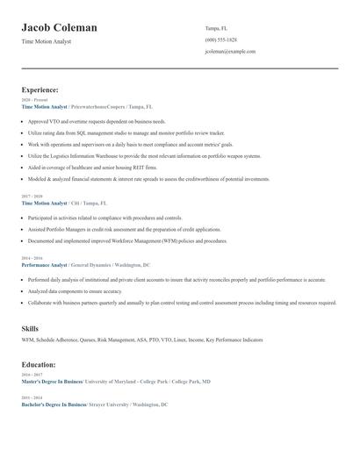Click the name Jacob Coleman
click(x=60, y=28)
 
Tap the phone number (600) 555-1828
click(x=221, y=39)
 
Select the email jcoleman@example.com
click(x=230, y=52)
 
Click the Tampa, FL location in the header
click(x=218, y=27)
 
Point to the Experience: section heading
click(x=40, y=89)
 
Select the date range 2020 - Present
click(x=35, y=100)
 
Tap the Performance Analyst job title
click(x=45, y=264)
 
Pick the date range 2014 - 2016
click(x=32, y=258)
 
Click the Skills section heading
click(x=31, y=328)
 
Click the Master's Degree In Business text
click(x=52, y=382)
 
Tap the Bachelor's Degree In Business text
click(x=53, y=404)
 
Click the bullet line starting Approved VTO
click(x=97, y=121)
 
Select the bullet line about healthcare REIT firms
click(x=93, y=167)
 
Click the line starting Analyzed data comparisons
click(x=76, y=290)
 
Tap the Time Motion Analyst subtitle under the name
click(x=47, y=41)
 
